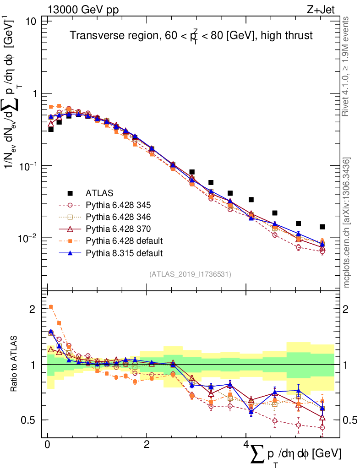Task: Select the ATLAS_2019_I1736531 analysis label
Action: pos(190,274)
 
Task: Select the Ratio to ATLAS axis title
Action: pos(14,365)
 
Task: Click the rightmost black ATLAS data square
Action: pos(322,227)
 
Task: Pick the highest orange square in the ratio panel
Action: pos(51,307)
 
